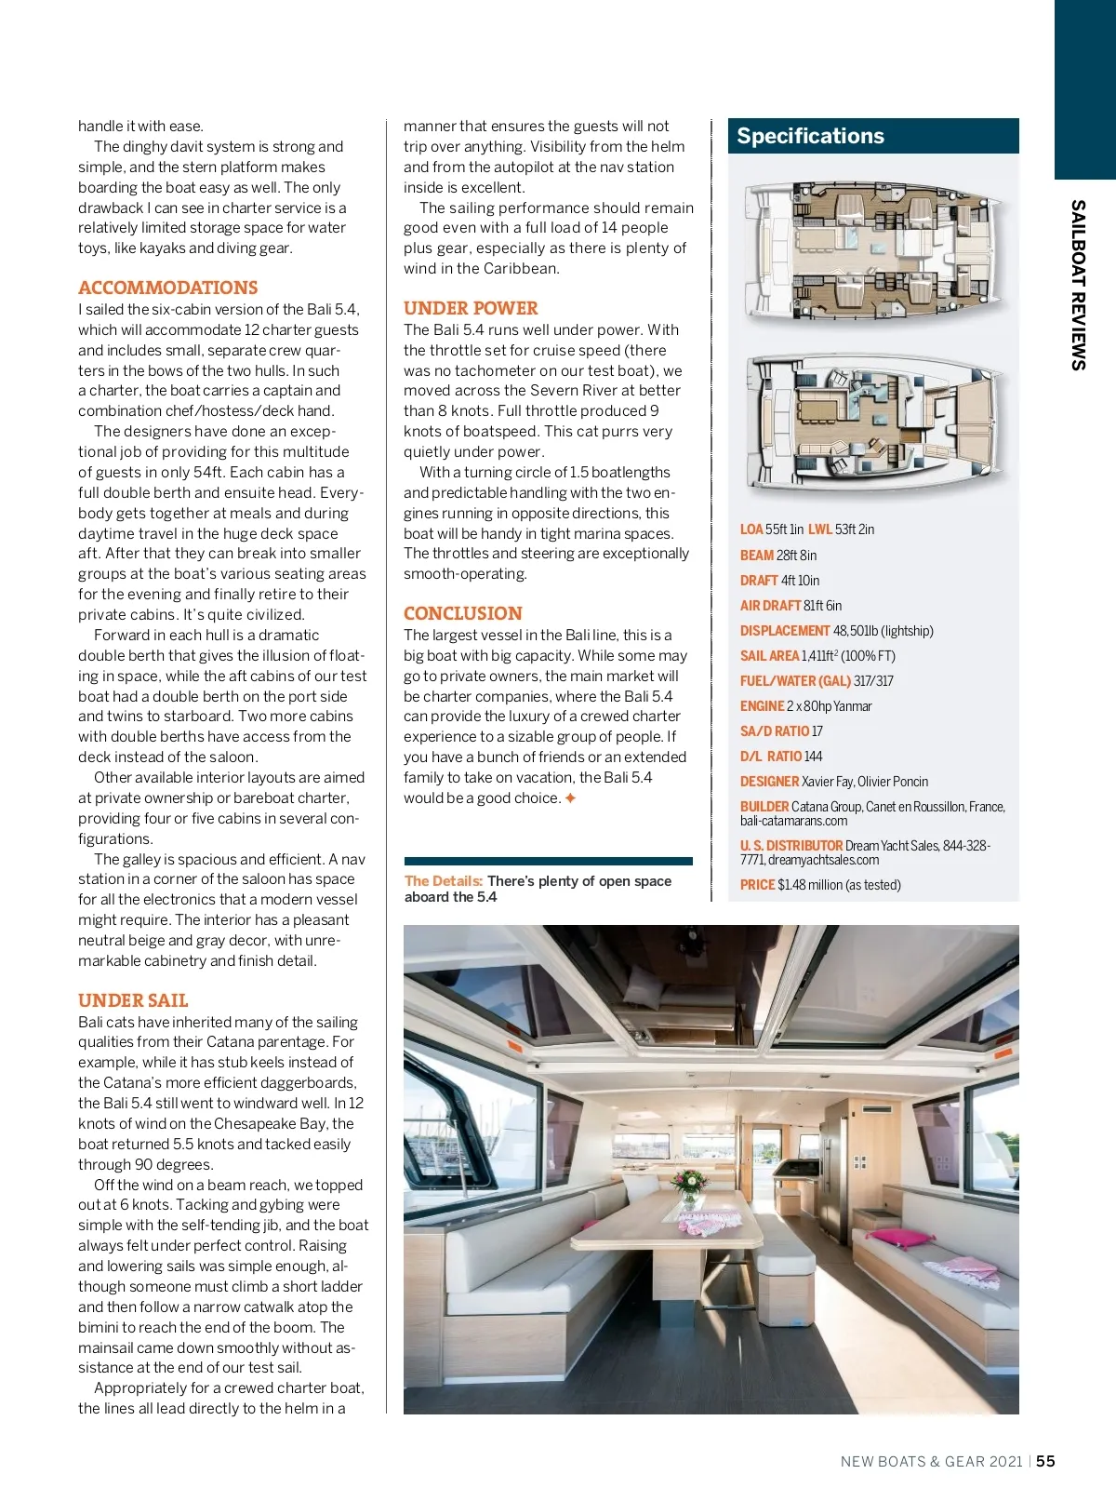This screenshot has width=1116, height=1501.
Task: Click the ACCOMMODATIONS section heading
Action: pos(168,288)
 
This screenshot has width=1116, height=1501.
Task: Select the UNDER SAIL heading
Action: pos(133,1000)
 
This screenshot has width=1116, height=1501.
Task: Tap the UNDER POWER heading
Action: pos(471,308)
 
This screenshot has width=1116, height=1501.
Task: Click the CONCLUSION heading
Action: pos(463,613)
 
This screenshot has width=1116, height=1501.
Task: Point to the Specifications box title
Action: pos(810,136)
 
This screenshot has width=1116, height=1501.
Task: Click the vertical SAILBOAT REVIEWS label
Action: pos(1078,285)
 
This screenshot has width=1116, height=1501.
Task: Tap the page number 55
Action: pos(1046,1461)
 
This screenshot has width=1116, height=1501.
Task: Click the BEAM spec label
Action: pos(757,556)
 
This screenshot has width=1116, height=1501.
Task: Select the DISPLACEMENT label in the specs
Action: pos(785,631)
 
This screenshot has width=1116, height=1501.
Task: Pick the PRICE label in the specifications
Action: pos(757,885)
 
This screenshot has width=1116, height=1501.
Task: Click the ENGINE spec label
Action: pos(762,706)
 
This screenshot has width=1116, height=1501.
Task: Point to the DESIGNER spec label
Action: pos(769,782)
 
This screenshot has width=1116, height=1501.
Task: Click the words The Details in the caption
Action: pos(443,881)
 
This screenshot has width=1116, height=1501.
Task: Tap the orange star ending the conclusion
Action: pos(571,798)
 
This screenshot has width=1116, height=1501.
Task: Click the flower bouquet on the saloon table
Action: pos(689,1184)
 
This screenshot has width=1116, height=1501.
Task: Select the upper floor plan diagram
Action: pos(873,251)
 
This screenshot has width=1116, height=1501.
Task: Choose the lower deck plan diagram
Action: pos(873,423)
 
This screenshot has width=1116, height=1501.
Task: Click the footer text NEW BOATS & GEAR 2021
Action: pos(931,1461)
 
